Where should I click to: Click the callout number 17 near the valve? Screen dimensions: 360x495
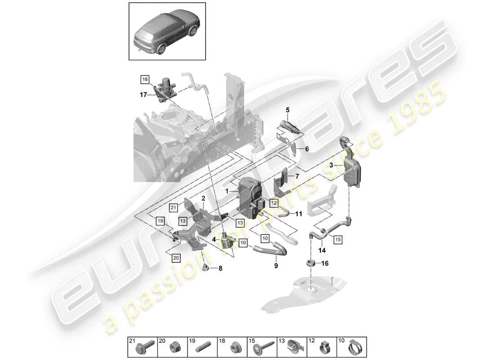[143, 94]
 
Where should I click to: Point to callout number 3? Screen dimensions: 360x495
[332, 166]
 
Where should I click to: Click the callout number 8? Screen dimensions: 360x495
[220, 269]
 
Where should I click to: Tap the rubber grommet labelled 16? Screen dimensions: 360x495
[310, 263]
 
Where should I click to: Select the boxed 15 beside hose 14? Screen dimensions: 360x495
[338, 239]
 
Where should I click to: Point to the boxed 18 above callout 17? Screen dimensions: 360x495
[144, 80]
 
